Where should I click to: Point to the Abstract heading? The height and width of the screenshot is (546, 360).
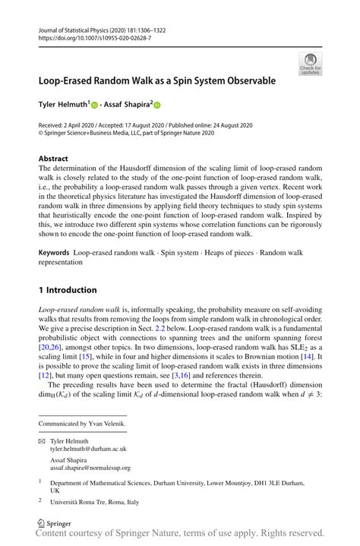pyautogui.click(x=53, y=158)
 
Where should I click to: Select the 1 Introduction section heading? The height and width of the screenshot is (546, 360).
pyautogui.click(x=68, y=290)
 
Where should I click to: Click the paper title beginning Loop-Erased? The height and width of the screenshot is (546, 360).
pyautogui.click(x=157, y=79)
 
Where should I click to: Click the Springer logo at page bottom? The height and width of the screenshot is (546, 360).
pyautogui.click(x=54, y=523)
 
